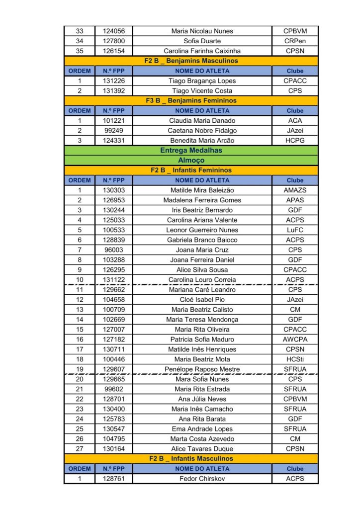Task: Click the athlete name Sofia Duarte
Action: click(x=202, y=41)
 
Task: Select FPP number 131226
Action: click(x=114, y=81)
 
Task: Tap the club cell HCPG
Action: click(x=294, y=141)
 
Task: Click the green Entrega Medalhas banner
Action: click(x=191, y=150)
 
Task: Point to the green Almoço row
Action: click(x=191, y=161)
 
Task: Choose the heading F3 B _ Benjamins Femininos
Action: click(x=191, y=101)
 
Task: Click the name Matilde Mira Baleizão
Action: click(x=202, y=190)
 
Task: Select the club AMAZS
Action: click(x=294, y=190)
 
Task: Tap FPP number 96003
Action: click(x=114, y=250)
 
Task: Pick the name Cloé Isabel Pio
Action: click(x=202, y=300)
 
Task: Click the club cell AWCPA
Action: click(x=294, y=339)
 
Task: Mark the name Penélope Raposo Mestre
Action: click(x=202, y=369)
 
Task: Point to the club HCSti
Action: click(x=294, y=359)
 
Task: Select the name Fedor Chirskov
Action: click(x=202, y=479)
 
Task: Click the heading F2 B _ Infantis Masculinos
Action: click(x=191, y=459)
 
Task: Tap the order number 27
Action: click(x=80, y=449)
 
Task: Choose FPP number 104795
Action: click(x=114, y=439)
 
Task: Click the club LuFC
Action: click(x=294, y=230)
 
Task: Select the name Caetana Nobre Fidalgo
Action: click(x=202, y=131)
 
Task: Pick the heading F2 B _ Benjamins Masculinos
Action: click(x=191, y=61)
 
